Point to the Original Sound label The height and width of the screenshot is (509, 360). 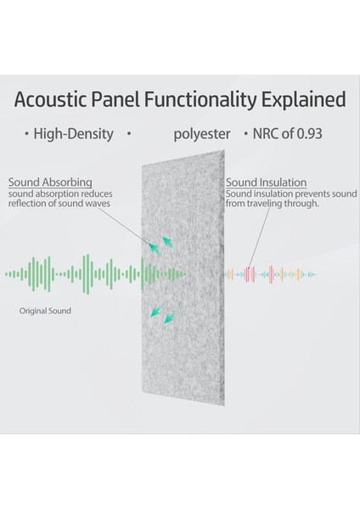[x=45, y=311]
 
